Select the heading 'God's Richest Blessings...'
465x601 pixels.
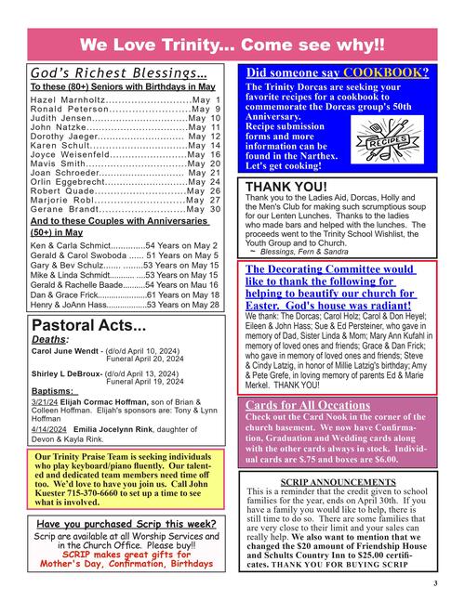(118, 73)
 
